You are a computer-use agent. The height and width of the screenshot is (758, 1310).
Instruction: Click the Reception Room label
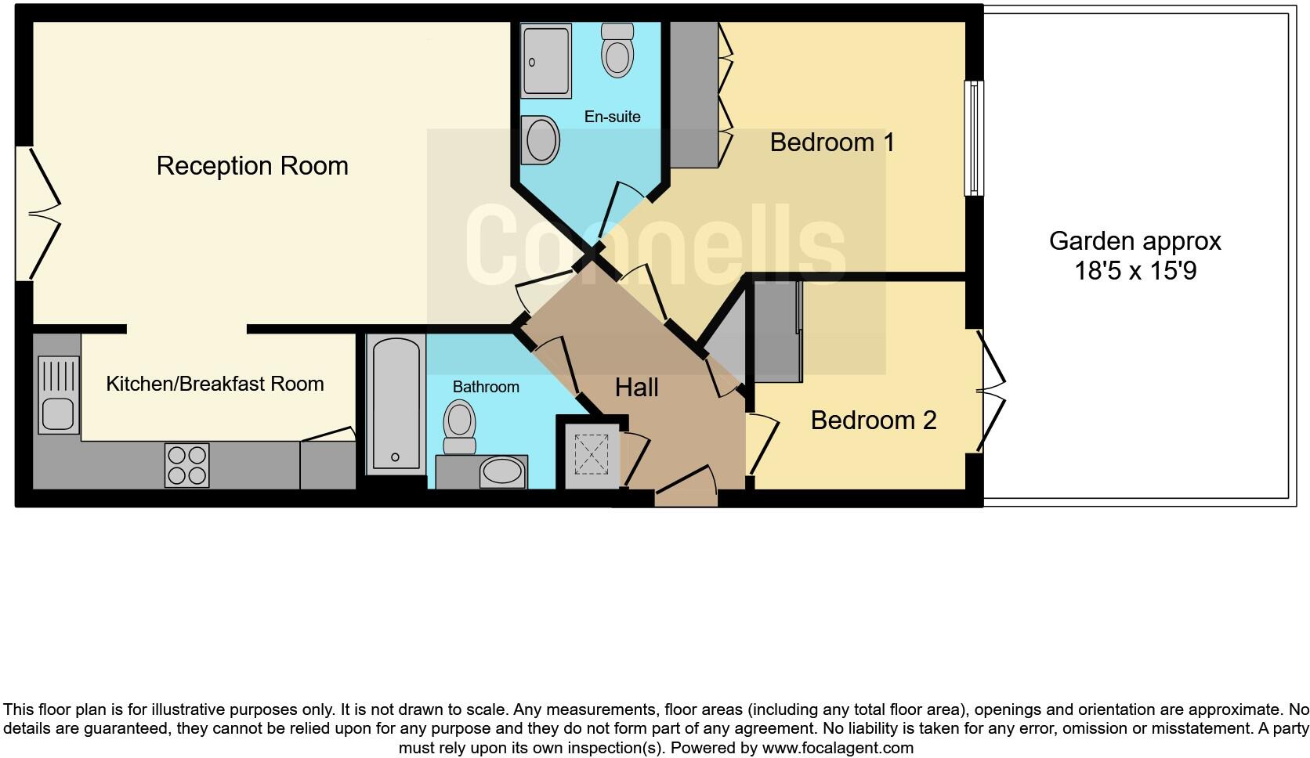pyautogui.click(x=252, y=166)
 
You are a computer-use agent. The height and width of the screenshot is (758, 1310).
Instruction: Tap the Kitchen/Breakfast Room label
pyautogui.click(x=215, y=384)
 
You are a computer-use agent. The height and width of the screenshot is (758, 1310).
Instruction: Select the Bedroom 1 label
pyautogui.click(x=832, y=143)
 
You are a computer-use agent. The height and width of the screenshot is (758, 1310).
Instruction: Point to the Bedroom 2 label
pyautogui.click(x=873, y=421)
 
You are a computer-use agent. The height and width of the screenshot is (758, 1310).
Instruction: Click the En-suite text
pyautogui.click(x=612, y=117)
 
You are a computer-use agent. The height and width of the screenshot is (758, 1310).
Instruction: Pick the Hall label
pyautogui.click(x=636, y=388)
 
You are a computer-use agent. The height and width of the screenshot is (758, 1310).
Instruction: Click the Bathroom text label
pyautogui.click(x=486, y=387)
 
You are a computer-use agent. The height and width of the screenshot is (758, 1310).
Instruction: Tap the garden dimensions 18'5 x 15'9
pyautogui.click(x=1134, y=272)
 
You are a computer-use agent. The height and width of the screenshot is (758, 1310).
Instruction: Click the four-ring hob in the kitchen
pyautogui.click(x=186, y=465)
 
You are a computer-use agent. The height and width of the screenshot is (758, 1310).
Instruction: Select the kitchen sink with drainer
pyautogui.click(x=59, y=395)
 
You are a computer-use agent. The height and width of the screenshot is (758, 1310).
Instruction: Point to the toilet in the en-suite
pyautogui.click(x=617, y=49)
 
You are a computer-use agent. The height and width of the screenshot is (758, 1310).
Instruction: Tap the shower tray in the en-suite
pyautogui.click(x=546, y=61)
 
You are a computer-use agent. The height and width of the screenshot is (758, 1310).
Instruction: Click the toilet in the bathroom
pyautogui.click(x=460, y=427)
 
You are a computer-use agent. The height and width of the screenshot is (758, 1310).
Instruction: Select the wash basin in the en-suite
pyautogui.click(x=541, y=139)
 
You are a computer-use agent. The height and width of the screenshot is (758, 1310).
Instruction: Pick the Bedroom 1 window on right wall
pyautogui.click(x=974, y=138)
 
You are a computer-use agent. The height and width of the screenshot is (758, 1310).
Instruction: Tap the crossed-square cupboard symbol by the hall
pyautogui.click(x=592, y=454)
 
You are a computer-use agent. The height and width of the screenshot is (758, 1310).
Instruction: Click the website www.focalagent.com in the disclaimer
pyautogui.click(x=838, y=748)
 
